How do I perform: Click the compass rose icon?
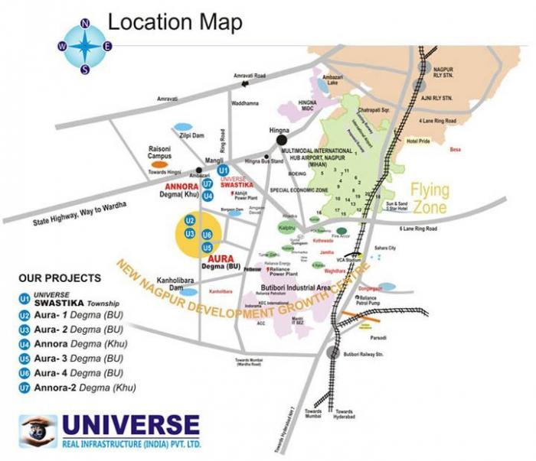(85, 46)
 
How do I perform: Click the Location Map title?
(175, 21)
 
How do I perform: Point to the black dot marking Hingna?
(282, 140)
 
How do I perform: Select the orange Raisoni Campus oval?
(159, 164)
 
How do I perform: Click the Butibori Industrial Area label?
(292, 287)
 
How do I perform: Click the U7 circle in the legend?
(24, 388)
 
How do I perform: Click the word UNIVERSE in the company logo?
(131, 425)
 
